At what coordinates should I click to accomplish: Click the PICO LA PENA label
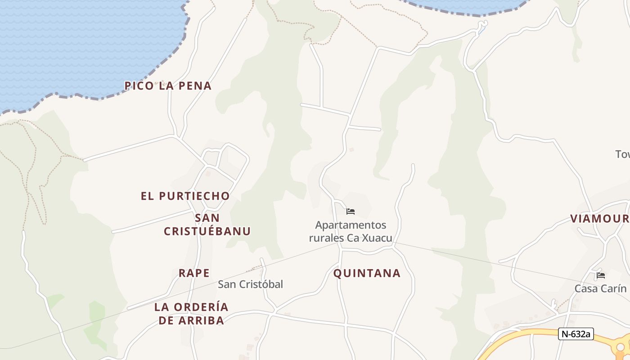tap(168, 85)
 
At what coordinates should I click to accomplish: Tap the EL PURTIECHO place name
tap(185, 196)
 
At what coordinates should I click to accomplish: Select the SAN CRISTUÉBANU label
tap(207, 225)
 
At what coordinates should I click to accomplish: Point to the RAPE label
tap(194, 273)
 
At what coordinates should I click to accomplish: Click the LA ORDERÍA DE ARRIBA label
tap(191, 314)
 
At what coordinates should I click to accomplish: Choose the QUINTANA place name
tap(367, 273)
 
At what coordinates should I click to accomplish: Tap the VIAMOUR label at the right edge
tap(600, 219)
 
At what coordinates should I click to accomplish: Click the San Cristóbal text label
tap(251, 284)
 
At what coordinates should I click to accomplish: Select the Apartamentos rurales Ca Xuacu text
tap(351, 231)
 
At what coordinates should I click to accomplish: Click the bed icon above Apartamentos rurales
tap(351, 211)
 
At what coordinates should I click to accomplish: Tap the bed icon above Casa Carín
tap(600, 275)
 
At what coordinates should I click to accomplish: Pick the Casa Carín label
tap(600, 288)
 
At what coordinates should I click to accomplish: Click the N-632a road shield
tap(576, 334)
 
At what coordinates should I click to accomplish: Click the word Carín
tap(613, 288)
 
